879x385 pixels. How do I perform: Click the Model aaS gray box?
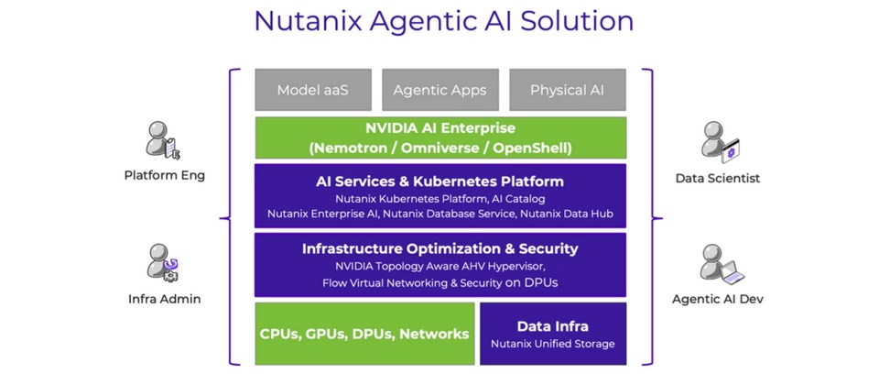tap(312, 90)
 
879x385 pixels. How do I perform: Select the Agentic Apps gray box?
tap(439, 90)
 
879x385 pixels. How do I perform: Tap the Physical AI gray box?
tap(567, 90)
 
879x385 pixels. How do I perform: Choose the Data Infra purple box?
tap(552, 334)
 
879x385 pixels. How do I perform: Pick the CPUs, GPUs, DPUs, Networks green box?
tap(364, 334)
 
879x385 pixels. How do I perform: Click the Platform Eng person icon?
tap(163, 141)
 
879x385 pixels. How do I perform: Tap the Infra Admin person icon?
tap(163, 263)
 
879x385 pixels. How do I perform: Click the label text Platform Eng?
tap(164, 176)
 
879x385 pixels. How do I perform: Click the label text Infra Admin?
tap(164, 298)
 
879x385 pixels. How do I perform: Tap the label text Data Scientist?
tap(717, 178)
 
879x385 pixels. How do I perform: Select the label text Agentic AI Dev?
tap(717, 299)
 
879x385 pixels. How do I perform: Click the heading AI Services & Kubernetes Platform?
tap(439, 181)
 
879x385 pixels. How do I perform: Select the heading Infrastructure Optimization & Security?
tap(439, 248)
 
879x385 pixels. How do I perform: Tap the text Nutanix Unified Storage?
tap(552, 344)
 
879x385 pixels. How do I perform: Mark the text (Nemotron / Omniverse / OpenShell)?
tap(439, 147)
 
